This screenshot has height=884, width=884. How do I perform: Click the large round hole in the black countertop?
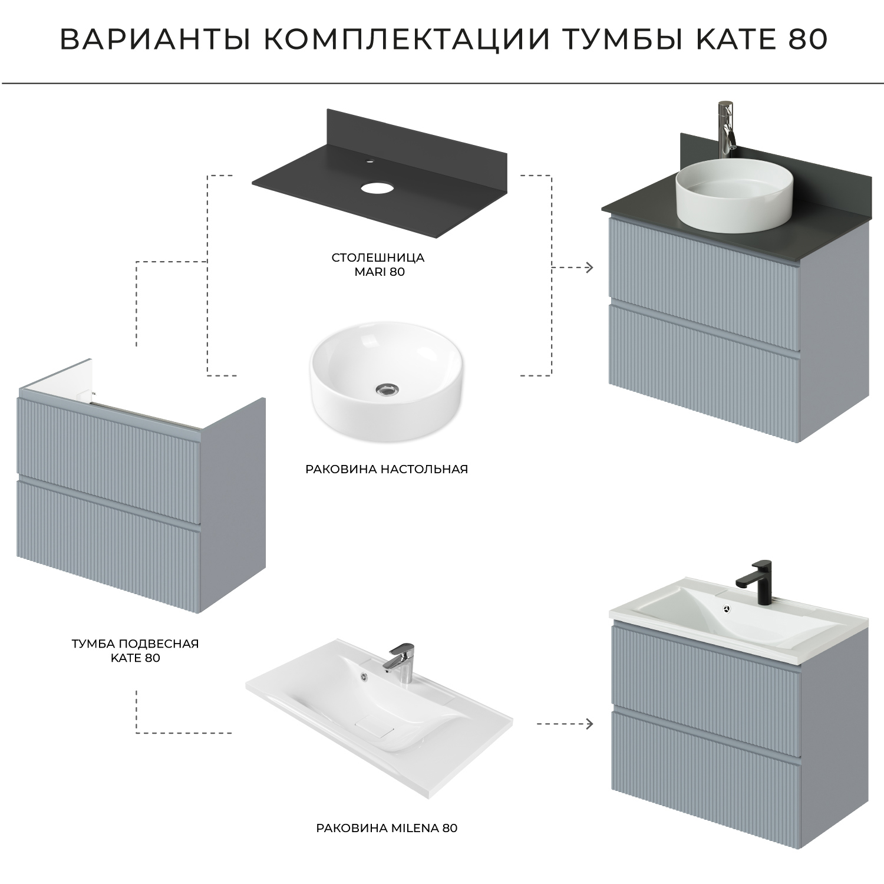click(377, 189)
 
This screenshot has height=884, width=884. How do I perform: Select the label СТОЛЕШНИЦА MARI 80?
click(378, 265)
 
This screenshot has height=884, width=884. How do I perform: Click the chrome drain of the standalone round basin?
click(385, 388)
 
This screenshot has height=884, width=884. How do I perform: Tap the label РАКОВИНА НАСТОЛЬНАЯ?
click(386, 470)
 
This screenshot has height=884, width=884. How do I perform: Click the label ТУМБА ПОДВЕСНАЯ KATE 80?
click(136, 651)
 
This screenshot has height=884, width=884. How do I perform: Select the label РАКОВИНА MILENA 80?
click(387, 827)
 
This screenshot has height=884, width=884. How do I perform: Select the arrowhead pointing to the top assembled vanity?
click(589, 268)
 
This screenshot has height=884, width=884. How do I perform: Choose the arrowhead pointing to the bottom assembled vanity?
click(589, 724)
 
